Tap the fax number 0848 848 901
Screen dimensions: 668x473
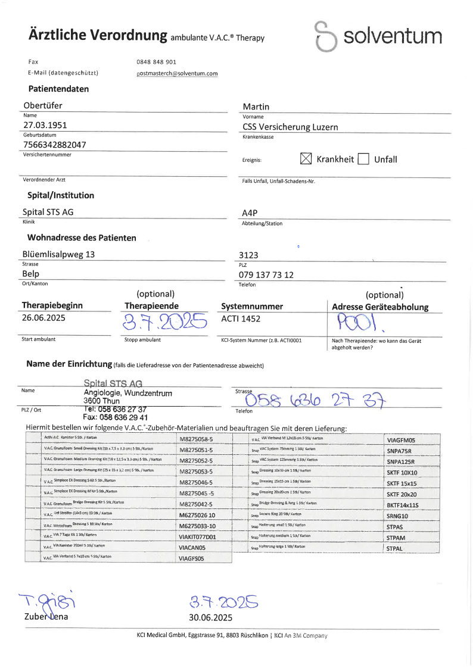(156, 62)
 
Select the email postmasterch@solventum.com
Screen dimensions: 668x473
(177, 73)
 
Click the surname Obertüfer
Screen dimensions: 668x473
(42, 106)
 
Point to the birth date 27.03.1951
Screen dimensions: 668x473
(45, 126)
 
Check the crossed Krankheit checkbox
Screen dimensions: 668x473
(306, 158)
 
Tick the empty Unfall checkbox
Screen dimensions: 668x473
(363, 159)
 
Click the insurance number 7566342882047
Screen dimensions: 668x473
(54, 145)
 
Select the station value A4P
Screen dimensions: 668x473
(250, 213)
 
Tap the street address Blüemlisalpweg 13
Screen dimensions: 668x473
(58, 254)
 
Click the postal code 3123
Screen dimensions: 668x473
(248, 255)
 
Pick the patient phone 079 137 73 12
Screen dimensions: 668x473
(266, 274)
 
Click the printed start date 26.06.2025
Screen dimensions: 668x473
(43, 318)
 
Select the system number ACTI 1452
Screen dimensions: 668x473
(241, 319)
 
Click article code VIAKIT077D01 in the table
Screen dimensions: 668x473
(197, 536)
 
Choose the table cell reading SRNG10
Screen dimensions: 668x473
(397, 516)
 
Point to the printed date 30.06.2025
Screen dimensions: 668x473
(210, 617)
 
